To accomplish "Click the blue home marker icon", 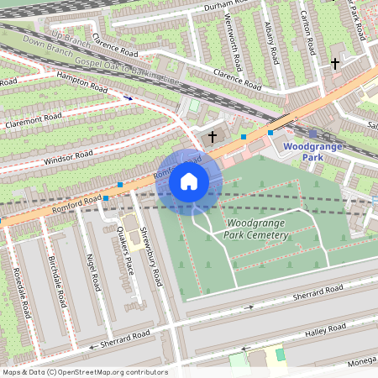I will click(x=189, y=181).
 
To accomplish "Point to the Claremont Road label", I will click(x=33, y=123).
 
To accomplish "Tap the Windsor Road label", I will click(x=67, y=157).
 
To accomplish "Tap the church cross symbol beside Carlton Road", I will click(x=335, y=63).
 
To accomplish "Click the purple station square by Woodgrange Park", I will click(x=312, y=133).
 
